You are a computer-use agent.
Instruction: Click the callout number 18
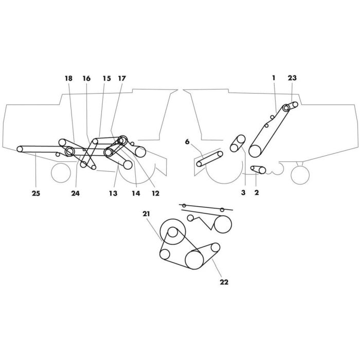click(x=68, y=78)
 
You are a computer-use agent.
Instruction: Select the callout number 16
click(x=86, y=78)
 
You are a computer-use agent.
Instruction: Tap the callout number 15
click(x=106, y=78)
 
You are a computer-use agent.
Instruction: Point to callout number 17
click(x=122, y=78)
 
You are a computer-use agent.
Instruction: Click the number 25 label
click(x=36, y=194)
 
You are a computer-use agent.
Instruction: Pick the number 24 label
click(x=76, y=194)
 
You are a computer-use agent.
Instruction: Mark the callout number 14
click(x=136, y=194)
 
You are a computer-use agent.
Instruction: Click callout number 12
click(x=155, y=194)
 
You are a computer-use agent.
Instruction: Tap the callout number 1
click(x=274, y=78)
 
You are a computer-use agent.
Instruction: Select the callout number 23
click(x=292, y=78)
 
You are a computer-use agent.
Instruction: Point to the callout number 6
click(x=187, y=141)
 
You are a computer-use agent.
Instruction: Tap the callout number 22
click(x=224, y=281)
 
